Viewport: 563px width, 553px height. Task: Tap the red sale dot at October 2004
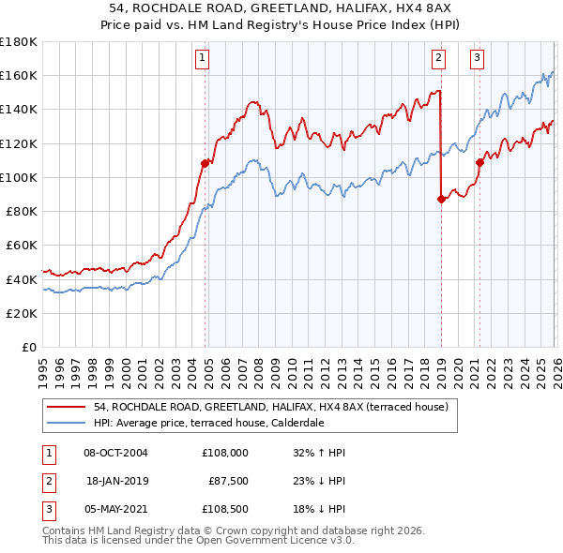tap(205, 163)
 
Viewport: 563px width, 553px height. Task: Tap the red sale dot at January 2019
tap(441, 198)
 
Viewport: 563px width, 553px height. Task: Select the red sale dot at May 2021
tap(479, 162)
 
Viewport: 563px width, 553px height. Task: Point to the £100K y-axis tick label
tap(19, 177)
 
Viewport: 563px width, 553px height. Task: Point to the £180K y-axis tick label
tap(19, 42)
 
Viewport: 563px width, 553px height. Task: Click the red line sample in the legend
tap(67, 407)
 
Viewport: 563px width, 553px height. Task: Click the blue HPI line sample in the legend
tap(67, 423)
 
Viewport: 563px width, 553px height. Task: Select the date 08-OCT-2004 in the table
tap(115, 453)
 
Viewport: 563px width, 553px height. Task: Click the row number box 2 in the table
tap(47, 481)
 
